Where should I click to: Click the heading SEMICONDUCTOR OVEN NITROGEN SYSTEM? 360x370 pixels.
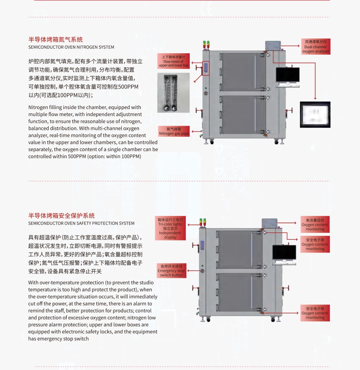[71, 47]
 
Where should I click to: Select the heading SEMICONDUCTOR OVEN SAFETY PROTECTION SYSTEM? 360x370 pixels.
[81, 223]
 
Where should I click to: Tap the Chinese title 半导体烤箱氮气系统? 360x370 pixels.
[55, 40]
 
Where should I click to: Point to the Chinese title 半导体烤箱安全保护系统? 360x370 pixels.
[62, 216]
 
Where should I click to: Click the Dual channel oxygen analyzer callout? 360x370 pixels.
[315, 47]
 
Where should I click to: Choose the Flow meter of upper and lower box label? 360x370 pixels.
[174, 62]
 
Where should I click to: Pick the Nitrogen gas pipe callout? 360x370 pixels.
[174, 131]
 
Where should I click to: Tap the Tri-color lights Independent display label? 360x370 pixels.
[170, 228]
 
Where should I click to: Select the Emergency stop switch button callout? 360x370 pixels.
[171, 271]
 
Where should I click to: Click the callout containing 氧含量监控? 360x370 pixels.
[315, 224]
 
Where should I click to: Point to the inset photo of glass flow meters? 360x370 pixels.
[173, 93]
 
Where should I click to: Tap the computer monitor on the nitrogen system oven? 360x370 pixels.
[288, 75]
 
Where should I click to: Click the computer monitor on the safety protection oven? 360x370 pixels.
[284, 252]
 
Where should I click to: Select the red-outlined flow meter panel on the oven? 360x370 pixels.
[206, 68]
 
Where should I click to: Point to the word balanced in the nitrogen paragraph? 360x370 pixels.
[38, 128]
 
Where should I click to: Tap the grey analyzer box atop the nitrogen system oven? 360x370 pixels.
[273, 46]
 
